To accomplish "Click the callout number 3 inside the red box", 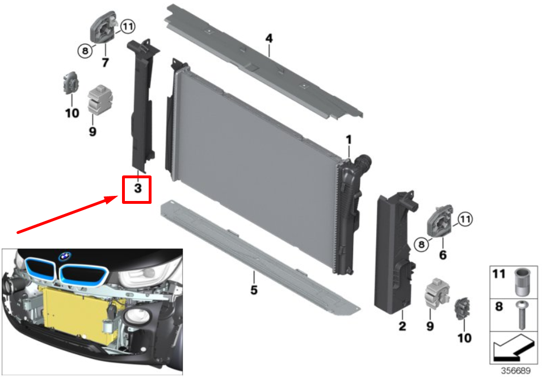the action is coord(137,188).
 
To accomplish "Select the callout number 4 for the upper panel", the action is coord(269,38).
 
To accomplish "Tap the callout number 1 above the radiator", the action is coord(348,140).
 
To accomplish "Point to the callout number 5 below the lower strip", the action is coord(254,290).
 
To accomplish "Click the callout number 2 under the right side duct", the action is coord(402,326).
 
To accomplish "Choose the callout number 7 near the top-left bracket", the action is coord(105,62).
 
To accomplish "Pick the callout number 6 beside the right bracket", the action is coord(443,255).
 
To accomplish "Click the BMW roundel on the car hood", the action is coord(65,256).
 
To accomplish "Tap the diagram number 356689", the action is coord(515,371).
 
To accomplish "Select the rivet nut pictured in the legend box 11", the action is coord(522,282).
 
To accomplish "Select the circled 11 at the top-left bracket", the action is coord(128,27).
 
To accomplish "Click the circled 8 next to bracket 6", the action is coord(421,245).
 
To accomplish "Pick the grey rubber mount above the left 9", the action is coord(100,99).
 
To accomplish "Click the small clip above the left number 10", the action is coord(70,83).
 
